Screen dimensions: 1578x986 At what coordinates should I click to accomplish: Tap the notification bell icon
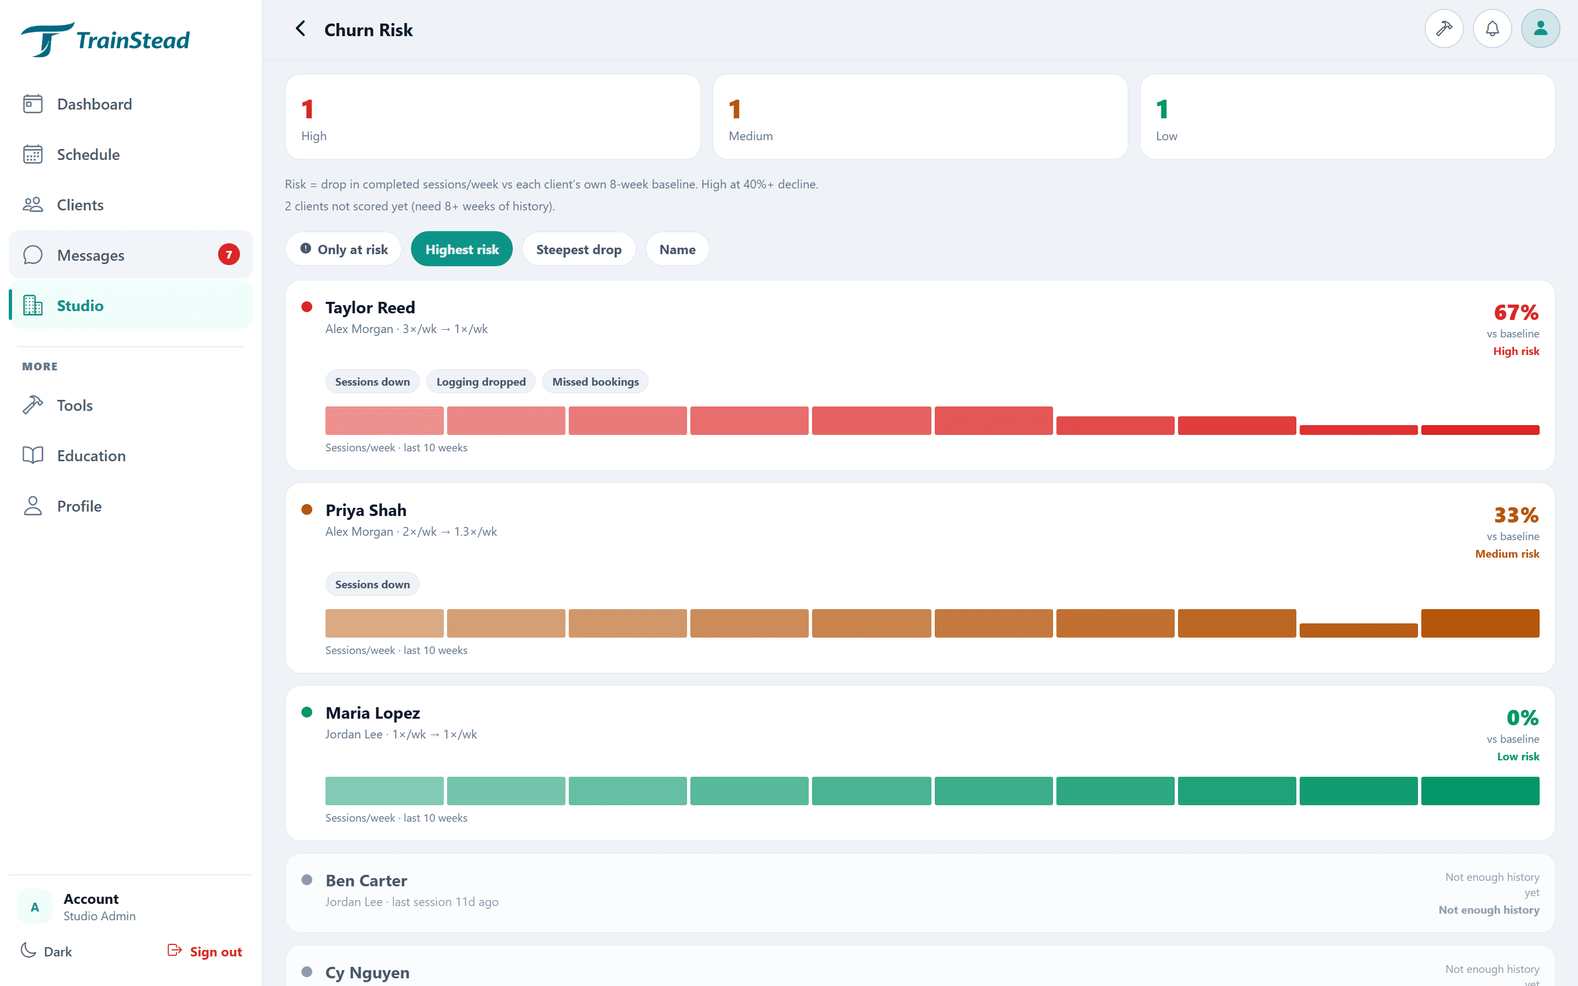pos(1492,28)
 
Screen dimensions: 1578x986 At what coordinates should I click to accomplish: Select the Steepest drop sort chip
pos(579,249)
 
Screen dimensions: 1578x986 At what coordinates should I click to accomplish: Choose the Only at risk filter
pos(344,249)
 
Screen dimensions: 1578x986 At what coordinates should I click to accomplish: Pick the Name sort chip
pos(677,249)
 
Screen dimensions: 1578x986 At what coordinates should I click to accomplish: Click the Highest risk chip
pos(462,249)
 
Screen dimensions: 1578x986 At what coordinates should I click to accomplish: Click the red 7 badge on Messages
pos(228,255)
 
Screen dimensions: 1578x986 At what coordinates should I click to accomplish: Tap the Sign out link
pos(205,951)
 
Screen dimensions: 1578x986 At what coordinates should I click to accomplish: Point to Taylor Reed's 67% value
pos(1516,312)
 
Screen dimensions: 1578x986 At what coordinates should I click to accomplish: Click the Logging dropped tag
pos(481,381)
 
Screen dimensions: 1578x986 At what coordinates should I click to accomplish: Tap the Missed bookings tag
pos(596,381)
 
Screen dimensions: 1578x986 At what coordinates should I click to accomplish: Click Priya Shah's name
pos(366,510)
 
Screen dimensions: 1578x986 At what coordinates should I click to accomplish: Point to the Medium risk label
pos(1507,554)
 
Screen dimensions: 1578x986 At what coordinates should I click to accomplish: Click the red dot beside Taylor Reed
pos(306,307)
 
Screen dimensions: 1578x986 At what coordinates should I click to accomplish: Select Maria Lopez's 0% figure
pos(1523,718)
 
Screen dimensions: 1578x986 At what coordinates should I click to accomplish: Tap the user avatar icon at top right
pos(1540,28)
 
